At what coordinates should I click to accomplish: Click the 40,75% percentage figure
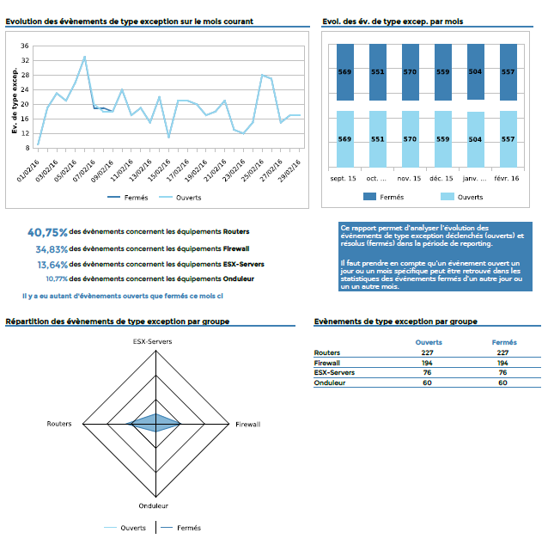[x=47, y=232]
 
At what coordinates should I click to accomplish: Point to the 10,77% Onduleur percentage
[x=57, y=279]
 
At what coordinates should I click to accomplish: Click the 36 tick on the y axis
[x=25, y=46]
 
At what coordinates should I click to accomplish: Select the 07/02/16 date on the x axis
[x=85, y=164]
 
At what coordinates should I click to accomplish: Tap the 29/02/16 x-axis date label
[x=293, y=164]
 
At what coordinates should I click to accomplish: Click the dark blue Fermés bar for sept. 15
[x=344, y=73]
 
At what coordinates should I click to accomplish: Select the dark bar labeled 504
[x=474, y=73]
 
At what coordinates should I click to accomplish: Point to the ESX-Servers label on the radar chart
[x=155, y=341]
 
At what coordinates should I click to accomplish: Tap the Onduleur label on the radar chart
[x=155, y=506]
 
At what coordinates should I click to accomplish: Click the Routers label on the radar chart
[x=59, y=425]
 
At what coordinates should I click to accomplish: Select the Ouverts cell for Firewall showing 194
[x=427, y=363]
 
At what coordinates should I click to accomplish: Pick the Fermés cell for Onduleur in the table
[x=503, y=383]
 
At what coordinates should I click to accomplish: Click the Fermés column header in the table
[x=504, y=342]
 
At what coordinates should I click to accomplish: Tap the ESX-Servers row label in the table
[x=334, y=372]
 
